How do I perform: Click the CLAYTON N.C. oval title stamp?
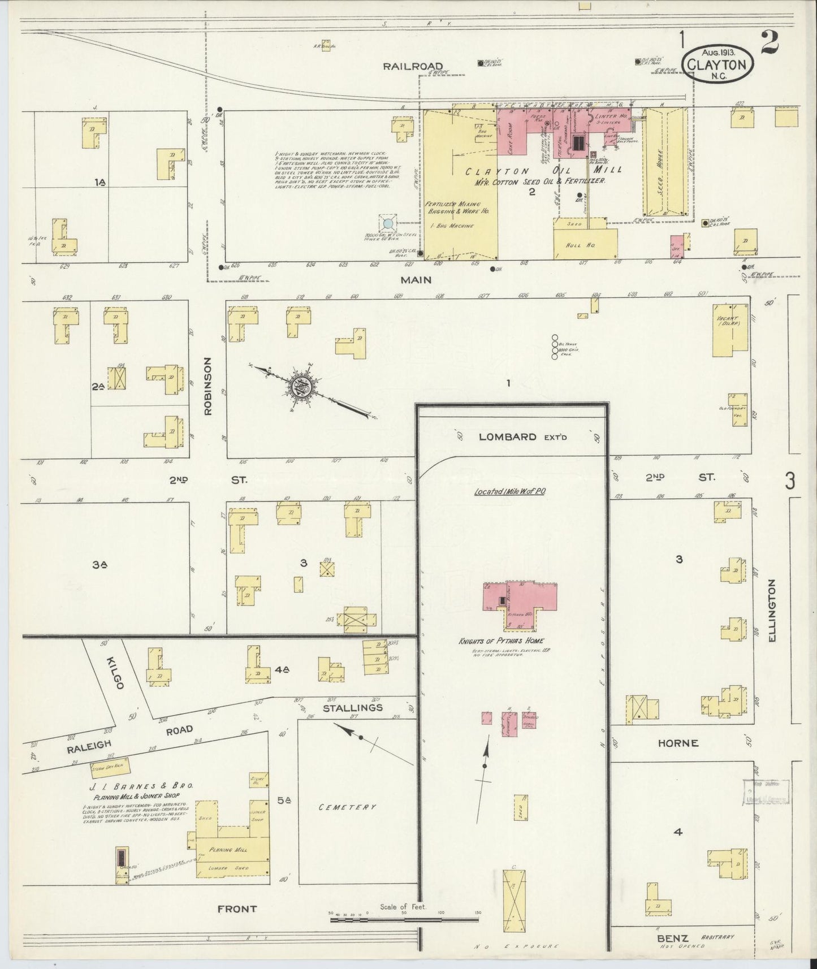(x=719, y=64)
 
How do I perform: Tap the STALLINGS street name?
(x=353, y=707)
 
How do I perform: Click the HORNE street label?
(x=678, y=743)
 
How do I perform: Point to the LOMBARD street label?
(x=508, y=436)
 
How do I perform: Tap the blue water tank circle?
(x=388, y=224)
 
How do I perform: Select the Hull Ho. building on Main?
(x=585, y=244)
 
